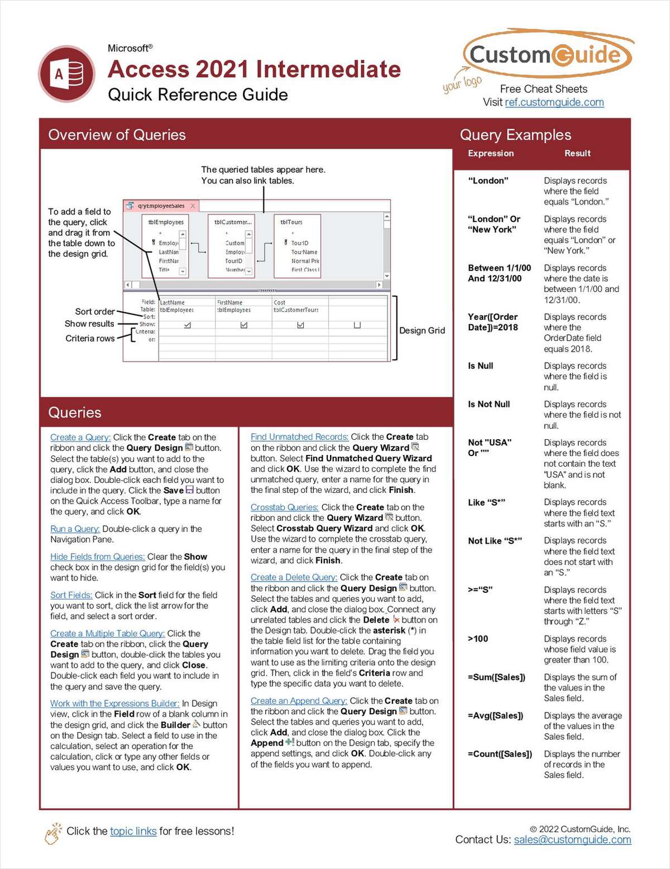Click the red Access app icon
pos(66,74)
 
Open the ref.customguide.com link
pos(554,102)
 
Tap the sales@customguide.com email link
pos(572,839)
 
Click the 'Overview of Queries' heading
pos(117,135)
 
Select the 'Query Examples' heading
pos(515,135)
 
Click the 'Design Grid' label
pos(422,330)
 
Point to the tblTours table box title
pos(291,222)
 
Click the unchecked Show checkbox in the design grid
pos(357,325)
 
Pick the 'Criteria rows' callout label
pos(90,338)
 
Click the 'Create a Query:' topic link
pos(80,437)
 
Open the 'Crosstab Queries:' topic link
pos(284,507)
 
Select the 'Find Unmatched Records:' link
pos(299,436)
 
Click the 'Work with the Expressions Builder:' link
pos(114,703)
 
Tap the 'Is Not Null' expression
pos(489,404)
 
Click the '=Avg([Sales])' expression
pos(495,715)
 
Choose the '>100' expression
pos(478,638)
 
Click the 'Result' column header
pos(577,153)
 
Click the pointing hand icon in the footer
pos(54,833)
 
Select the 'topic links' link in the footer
pos(133,831)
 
